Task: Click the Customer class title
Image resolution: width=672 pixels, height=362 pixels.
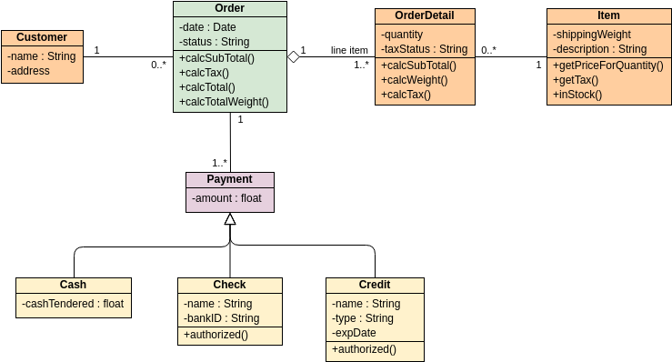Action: (x=42, y=37)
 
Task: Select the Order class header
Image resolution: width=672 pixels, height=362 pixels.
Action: (x=229, y=9)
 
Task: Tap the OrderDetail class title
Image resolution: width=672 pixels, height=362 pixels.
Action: (x=425, y=15)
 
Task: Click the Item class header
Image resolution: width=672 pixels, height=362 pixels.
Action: (x=608, y=15)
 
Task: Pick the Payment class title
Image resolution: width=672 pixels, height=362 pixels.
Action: (x=229, y=179)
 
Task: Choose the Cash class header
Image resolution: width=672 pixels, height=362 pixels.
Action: (x=73, y=285)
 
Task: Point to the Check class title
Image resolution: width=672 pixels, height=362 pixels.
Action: (x=229, y=285)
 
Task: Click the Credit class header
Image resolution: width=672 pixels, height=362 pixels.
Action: (x=374, y=285)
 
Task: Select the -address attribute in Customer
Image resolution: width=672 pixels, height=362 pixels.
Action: (x=28, y=71)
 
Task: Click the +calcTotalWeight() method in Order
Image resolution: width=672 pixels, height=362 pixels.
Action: (x=224, y=102)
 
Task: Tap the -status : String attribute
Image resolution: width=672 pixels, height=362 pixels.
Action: (x=215, y=42)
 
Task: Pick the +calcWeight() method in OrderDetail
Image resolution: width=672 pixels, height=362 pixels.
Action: (x=416, y=80)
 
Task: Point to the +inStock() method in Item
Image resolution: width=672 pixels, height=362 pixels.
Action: (x=577, y=94)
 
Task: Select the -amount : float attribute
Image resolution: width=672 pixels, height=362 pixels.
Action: (x=226, y=198)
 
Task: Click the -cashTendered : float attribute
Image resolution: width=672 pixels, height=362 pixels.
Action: (x=73, y=304)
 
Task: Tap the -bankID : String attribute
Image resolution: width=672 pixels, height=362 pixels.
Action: (x=221, y=318)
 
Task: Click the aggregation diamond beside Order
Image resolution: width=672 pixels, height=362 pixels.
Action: (x=294, y=57)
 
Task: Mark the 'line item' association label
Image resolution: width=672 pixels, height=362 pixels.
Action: (x=349, y=50)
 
